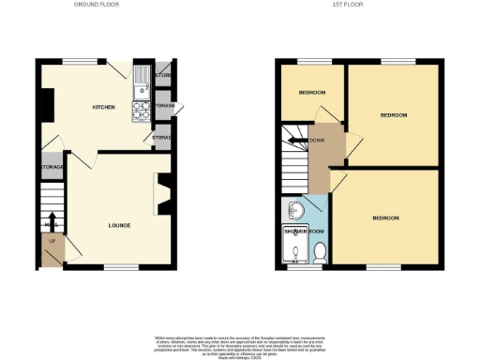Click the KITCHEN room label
tap(103, 108)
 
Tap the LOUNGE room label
tap(118, 225)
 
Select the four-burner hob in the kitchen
tap(140, 112)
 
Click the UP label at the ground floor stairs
tap(51, 243)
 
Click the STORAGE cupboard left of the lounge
tap(52, 167)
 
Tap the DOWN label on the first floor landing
tap(316, 142)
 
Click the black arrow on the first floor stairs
tap(296, 142)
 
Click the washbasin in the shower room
tap(294, 210)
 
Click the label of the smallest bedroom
tap(312, 93)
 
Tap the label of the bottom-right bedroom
tap(385, 218)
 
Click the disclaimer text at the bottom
tap(240, 343)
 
